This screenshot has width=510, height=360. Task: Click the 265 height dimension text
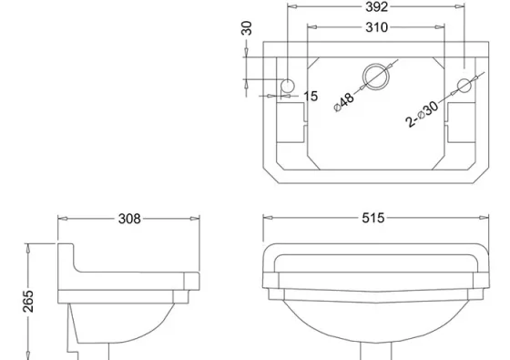pyautogui.click(x=27, y=301)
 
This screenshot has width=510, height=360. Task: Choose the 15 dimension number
pyautogui.click(x=311, y=96)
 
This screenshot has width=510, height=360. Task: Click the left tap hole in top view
pyautogui.click(x=288, y=85)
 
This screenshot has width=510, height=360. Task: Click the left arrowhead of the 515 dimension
pyautogui.click(x=267, y=219)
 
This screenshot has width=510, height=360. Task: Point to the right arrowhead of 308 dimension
pyautogui.click(x=196, y=219)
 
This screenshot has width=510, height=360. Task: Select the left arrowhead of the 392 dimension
pyautogui.click(x=291, y=7)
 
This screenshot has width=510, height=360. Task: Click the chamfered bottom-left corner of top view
pyautogui.click(x=270, y=173)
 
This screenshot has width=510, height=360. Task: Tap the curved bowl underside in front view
pyautogui.click(x=374, y=333)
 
